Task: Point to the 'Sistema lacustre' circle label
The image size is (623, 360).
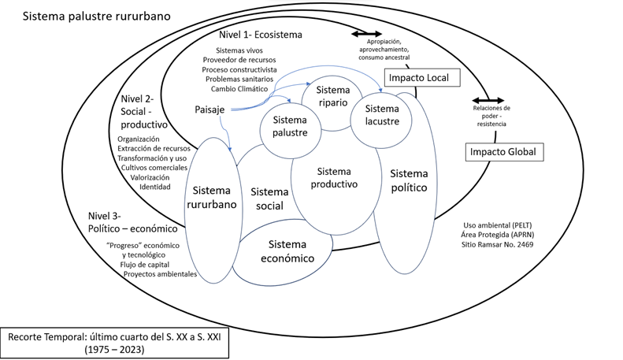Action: pyautogui.click(x=383, y=115)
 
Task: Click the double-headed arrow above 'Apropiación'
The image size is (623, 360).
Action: pyautogui.click(x=368, y=35)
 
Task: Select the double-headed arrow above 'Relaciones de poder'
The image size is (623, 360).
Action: pyautogui.click(x=482, y=100)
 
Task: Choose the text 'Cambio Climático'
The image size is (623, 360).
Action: pyautogui.click(x=235, y=88)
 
